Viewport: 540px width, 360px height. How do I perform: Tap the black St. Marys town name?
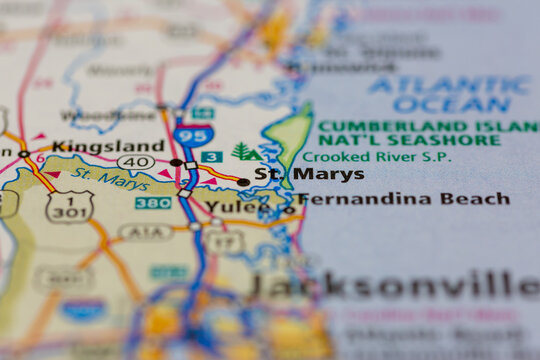pyautogui.click(x=295, y=174)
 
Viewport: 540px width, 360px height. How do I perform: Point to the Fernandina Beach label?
pyautogui.click(x=403, y=199)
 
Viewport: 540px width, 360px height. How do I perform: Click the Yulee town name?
pyautogui.click(x=233, y=208)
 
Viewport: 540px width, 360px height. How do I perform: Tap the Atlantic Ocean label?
pyautogui.click(x=450, y=94)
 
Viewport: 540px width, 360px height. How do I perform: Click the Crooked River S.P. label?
pyautogui.click(x=376, y=156)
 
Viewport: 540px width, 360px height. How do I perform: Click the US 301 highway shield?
pyautogui.click(x=69, y=206)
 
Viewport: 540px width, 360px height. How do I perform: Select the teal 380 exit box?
pyautogui.click(x=152, y=203)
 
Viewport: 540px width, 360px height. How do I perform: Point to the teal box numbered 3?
pyautogui.click(x=210, y=157)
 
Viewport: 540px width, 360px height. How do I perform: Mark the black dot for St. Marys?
pyautogui.click(x=243, y=182)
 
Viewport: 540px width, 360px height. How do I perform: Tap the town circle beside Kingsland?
pyautogui.click(x=23, y=153)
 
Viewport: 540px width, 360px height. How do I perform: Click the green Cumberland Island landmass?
pyautogui.click(x=291, y=140)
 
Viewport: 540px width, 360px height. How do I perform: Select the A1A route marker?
pyautogui.click(x=147, y=232)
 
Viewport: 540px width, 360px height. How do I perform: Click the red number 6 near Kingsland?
pyautogui.click(x=40, y=158)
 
